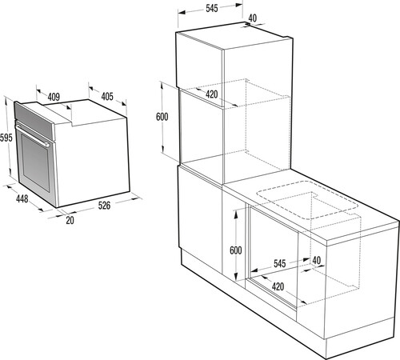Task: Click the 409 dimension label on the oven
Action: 54,98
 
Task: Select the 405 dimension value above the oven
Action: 106,97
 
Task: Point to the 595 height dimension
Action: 6,137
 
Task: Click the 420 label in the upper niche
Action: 212,94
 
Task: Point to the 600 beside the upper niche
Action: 162,117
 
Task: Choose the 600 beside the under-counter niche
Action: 235,250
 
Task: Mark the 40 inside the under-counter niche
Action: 317,261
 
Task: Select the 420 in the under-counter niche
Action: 278,286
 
